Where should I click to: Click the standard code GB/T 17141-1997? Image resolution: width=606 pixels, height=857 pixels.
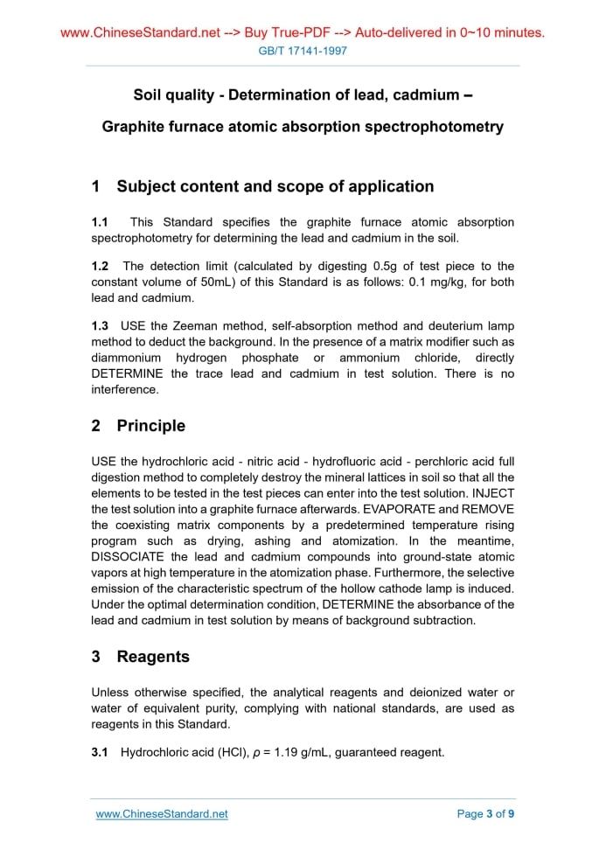pos(303,51)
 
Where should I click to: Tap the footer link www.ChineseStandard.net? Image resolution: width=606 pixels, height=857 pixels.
pos(162,813)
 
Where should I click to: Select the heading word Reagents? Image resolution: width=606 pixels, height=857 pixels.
pos(153,657)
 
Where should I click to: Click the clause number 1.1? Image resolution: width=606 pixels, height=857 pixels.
pos(100,222)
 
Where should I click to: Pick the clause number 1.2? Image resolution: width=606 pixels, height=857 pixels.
pos(100,266)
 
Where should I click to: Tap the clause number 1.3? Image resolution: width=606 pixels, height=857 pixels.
pos(100,326)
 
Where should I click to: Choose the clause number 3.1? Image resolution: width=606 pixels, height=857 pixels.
pos(100,751)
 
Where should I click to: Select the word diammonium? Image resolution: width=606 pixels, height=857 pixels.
pos(126,358)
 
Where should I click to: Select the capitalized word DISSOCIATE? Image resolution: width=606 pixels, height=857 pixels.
pos(129,556)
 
